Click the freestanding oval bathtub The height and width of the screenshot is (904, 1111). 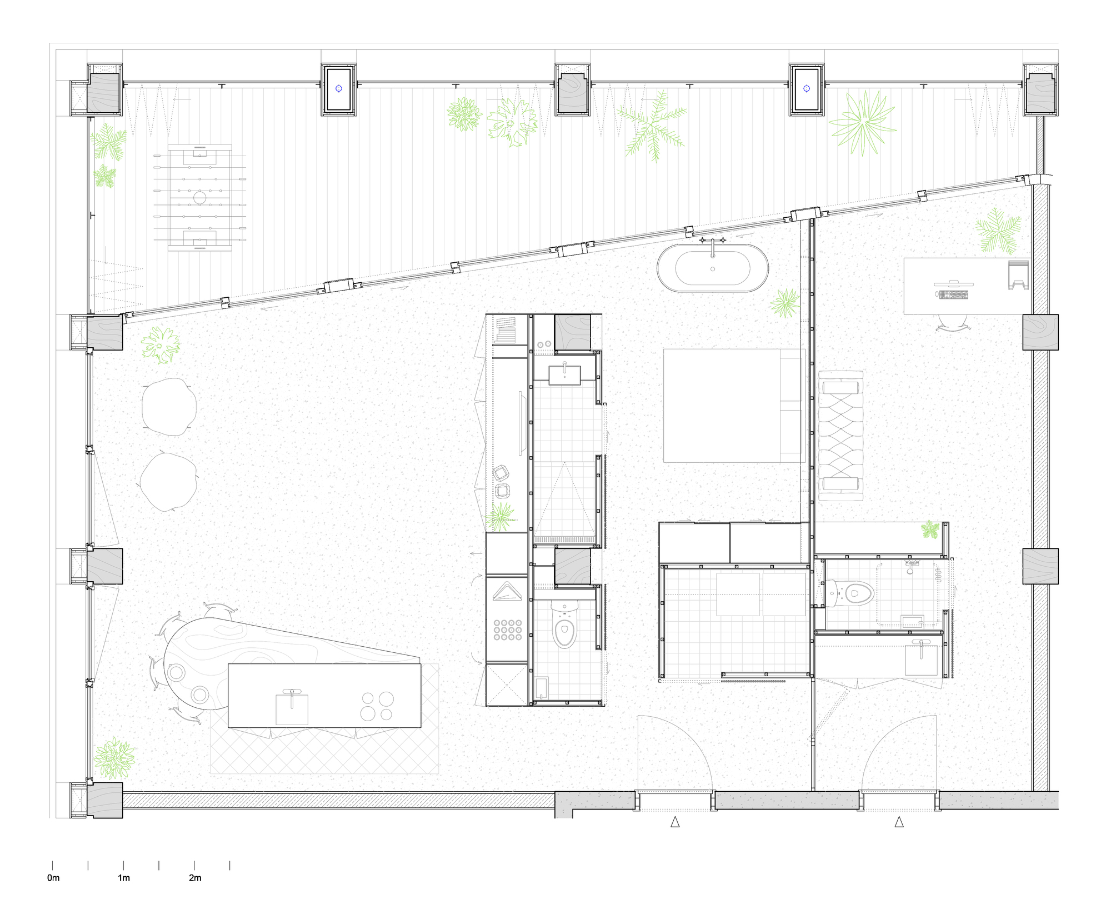pos(713,268)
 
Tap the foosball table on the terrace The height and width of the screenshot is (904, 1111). pos(200,197)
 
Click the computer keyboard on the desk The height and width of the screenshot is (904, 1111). pos(953,295)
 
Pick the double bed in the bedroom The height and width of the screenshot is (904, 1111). pos(733,406)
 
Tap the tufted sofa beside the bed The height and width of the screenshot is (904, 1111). pos(840,436)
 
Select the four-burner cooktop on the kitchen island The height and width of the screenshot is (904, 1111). pos(377,706)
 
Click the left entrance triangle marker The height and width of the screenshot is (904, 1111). pos(675,822)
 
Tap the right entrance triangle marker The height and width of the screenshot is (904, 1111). pos(899,822)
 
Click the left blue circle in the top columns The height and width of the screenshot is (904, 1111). pos(339,88)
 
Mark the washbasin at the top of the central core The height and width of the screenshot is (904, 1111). pos(564,375)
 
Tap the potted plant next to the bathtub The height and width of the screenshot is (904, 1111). pos(785,303)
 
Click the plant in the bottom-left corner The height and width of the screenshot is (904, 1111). pos(114,758)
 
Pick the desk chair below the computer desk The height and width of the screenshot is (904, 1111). pos(952,322)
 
